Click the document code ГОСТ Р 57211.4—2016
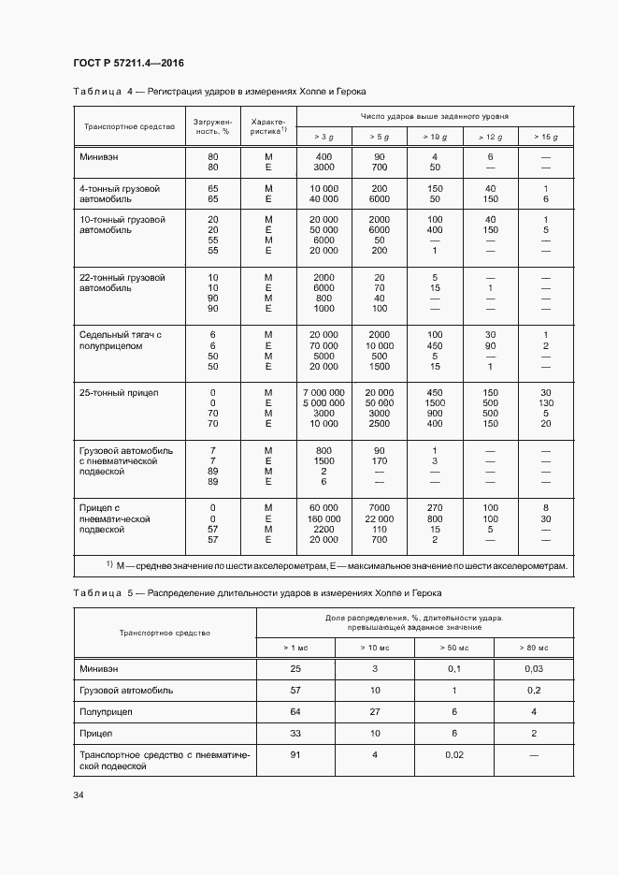coord(128,63)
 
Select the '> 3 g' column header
coord(324,137)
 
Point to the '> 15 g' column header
coord(546,137)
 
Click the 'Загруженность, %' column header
coord(212,126)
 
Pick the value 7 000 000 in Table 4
coord(324,392)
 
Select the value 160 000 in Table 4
coord(324,518)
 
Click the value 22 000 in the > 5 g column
coord(380,518)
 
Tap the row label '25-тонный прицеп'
coord(119,392)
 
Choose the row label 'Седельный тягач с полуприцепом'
coord(121,341)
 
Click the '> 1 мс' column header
coord(295,648)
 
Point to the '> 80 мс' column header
coord(534,648)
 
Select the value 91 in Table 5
coord(295,754)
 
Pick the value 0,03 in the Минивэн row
coord(534,669)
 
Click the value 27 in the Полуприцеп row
coord(376,712)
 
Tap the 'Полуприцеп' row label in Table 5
coord(107,712)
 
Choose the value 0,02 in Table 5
coord(454,754)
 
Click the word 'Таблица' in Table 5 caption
coord(97,594)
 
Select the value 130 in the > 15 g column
coord(546,403)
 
